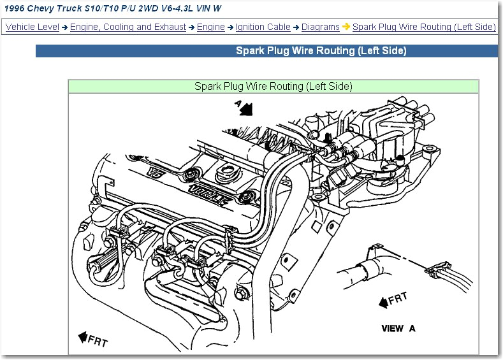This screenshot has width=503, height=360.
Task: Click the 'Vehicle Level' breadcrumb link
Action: (x=32, y=27)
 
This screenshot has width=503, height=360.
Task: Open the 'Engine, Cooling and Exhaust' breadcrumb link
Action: (x=128, y=27)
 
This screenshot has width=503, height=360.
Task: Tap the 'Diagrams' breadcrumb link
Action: (x=320, y=27)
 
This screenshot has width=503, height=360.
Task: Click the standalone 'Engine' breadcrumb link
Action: (x=210, y=27)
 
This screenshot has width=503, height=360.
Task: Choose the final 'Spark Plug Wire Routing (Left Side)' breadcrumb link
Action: (x=424, y=27)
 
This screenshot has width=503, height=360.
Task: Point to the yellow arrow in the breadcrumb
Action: (x=346, y=27)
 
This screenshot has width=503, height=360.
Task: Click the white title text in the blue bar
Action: (x=321, y=51)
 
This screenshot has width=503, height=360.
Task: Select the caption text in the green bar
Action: (x=273, y=86)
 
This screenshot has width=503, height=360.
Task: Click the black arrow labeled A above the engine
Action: (x=245, y=109)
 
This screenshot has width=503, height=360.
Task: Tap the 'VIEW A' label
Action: (x=398, y=328)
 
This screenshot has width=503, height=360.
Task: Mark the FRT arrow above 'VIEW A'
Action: (x=393, y=299)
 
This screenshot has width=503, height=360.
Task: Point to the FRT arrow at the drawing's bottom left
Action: (x=93, y=339)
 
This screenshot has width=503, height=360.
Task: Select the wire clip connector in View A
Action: (x=435, y=271)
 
